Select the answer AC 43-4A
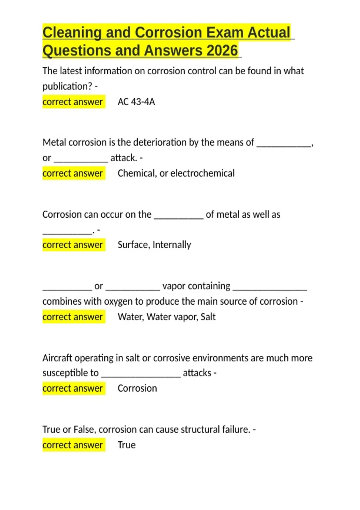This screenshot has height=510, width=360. [136, 102]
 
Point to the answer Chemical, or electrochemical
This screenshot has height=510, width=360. [176, 173]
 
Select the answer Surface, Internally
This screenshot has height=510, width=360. [154, 245]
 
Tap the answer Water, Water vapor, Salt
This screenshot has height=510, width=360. [166, 317]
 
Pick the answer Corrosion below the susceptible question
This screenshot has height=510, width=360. [137, 388]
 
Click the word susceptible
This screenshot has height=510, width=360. [70, 373]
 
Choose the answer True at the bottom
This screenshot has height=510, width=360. [126, 445]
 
